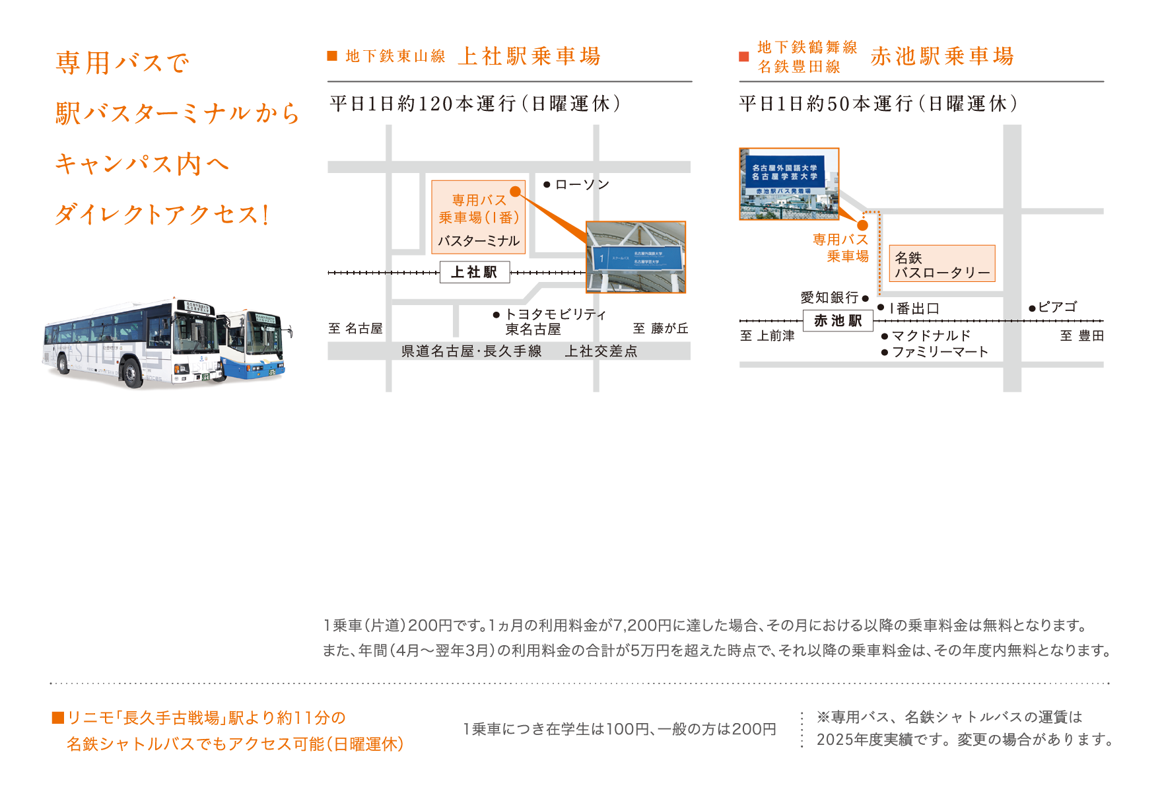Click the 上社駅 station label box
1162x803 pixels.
coord(475,272)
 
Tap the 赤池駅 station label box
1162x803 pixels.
coord(838,321)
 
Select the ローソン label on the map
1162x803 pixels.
coord(582,185)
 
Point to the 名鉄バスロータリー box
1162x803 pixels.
coord(941,264)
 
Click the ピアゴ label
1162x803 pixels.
coord(1057,307)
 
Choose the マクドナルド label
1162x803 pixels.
coord(931,336)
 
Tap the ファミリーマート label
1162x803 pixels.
coord(940,352)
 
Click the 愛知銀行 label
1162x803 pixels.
coord(830,298)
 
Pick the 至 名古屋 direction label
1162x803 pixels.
coord(356,329)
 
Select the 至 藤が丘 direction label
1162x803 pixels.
coord(660,329)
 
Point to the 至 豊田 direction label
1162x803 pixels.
coord(1081,336)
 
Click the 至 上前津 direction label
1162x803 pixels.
coord(767,336)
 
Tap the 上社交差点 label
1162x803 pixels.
coord(601,351)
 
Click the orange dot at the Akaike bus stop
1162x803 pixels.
coord(862,225)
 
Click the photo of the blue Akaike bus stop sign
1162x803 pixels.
coord(789,184)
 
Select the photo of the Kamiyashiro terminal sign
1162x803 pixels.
coord(636,257)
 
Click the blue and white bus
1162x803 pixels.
coord(254,345)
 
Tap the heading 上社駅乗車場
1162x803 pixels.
coord(530,57)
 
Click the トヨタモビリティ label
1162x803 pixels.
coord(555,315)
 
